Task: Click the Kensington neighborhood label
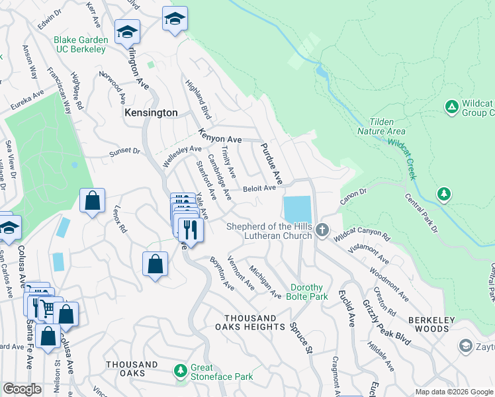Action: click(151, 113)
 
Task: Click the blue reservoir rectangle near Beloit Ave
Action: click(297, 210)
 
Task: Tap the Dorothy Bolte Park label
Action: click(307, 292)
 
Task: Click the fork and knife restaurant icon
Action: click(191, 230)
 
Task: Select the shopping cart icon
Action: click(46, 307)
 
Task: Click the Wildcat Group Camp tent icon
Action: click(451, 107)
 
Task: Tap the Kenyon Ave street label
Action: click(219, 140)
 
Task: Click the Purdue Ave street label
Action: click(271, 164)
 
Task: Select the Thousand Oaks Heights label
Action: click(249, 322)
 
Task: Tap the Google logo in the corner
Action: click(22, 389)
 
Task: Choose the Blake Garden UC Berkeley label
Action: click(81, 45)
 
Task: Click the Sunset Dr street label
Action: click(125, 152)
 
